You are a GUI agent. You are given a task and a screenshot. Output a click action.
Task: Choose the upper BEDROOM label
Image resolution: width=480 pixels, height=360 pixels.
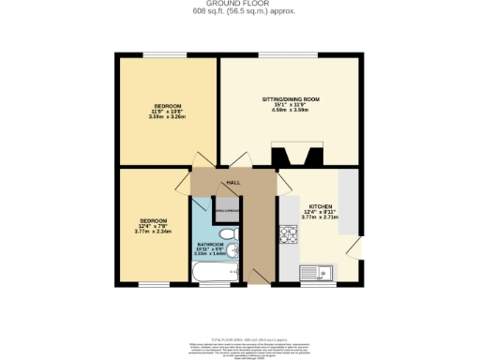167,106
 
